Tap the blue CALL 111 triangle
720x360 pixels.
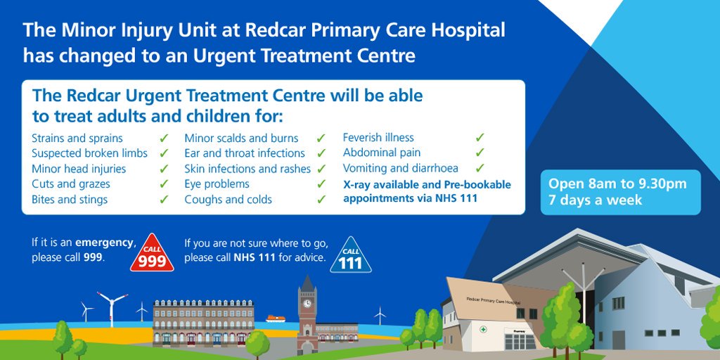click(x=350, y=257)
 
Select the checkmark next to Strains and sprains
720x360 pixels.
click(x=164, y=138)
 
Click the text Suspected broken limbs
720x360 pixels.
click(x=89, y=153)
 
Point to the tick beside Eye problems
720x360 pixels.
click(x=321, y=184)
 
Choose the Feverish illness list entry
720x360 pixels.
click(x=378, y=138)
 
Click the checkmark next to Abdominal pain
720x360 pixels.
click(x=480, y=153)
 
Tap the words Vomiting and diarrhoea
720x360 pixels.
click(x=400, y=168)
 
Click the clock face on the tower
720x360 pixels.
click(x=307, y=304)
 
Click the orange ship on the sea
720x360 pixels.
click(x=275, y=319)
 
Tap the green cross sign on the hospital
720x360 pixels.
click(x=482, y=329)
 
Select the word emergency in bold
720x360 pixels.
click(x=105, y=243)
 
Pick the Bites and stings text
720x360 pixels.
click(x=70, y=200)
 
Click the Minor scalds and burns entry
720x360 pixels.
click(x=241, y=138)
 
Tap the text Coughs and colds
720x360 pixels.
click(x=228, y=200)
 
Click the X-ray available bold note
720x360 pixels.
click(x=427, y=191)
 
